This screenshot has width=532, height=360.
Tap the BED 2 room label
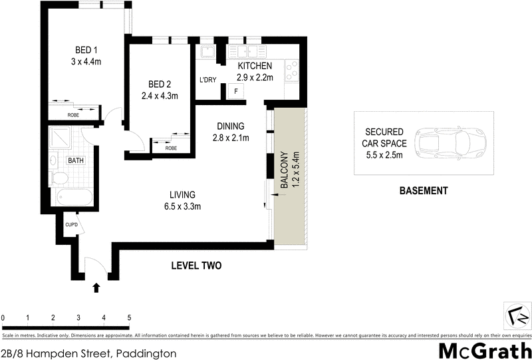pyautogui.click(x=160, y=84)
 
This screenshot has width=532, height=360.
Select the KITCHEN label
pyautogui.click(x=255, y=67)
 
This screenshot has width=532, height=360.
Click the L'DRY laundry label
pyautogui.click(x=208, y=81)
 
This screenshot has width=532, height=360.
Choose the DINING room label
pyautogui.click(x=229, y=126)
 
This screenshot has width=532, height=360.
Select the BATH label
pyautogui.click(x=75, y=160)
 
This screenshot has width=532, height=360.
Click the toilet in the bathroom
pyautogui.click(x=59, y=178)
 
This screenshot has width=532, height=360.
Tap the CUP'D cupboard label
pyautogui.click(x=72, y=224)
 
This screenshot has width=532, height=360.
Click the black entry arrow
pyautogui.click(x=96, y=287)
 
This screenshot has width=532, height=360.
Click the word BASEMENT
pyautogui.click(x=423, y=191)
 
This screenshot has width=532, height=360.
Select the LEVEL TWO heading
pyautogui.click(x=196, y=266)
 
